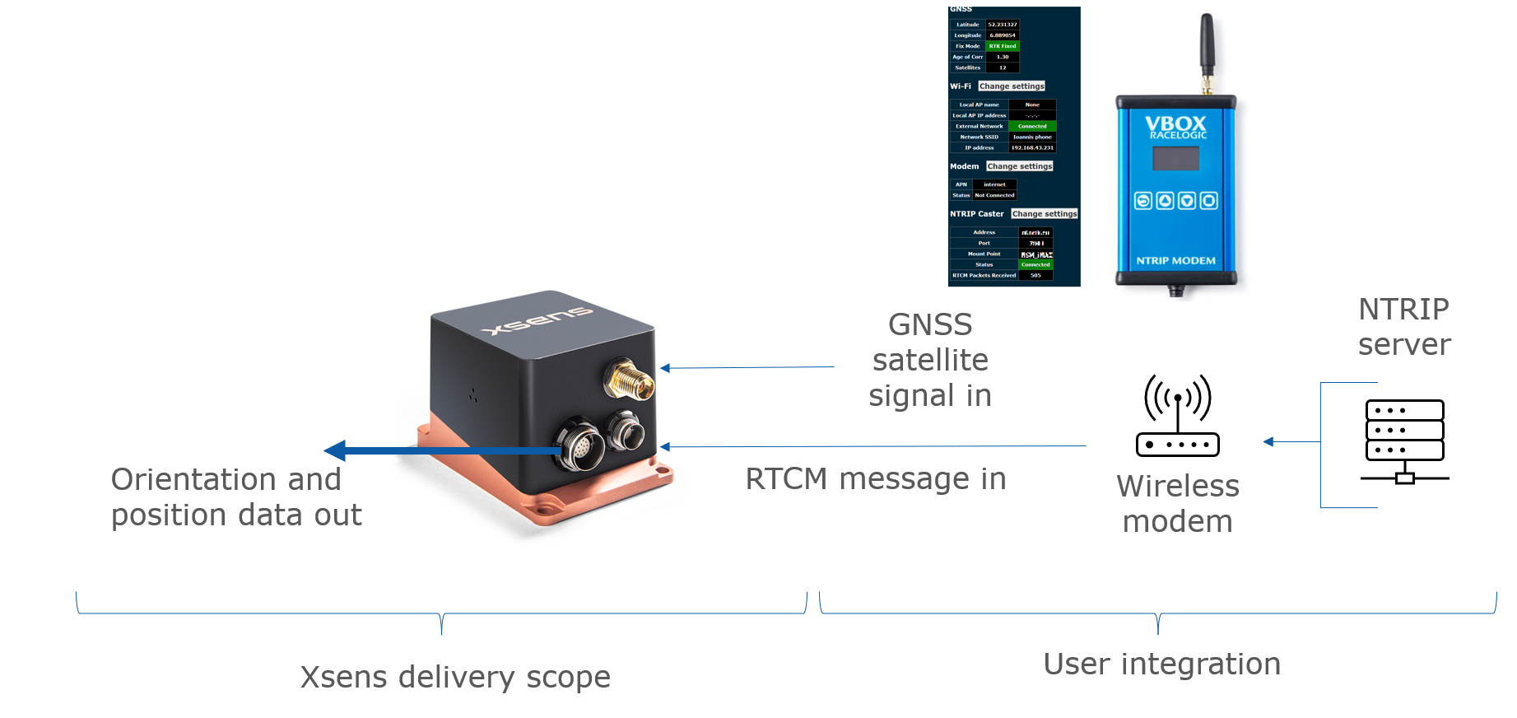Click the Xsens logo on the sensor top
point(537,320)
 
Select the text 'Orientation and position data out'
point(235,497)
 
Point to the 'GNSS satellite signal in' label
point(930,360)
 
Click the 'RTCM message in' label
point(875,478)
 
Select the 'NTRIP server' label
point(1403,326)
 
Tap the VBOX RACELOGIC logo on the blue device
point(1176,127)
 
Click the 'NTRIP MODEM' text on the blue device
point(1175,260)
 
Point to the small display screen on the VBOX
point(1175,158)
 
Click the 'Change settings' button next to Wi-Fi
point(1012,86)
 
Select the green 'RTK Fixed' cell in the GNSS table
point(1003,46)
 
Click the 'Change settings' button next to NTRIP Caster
point(1044,213)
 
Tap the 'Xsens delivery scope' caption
point(455,677)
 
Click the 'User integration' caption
point(1161,664)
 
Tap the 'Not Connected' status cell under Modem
point(994,195)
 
